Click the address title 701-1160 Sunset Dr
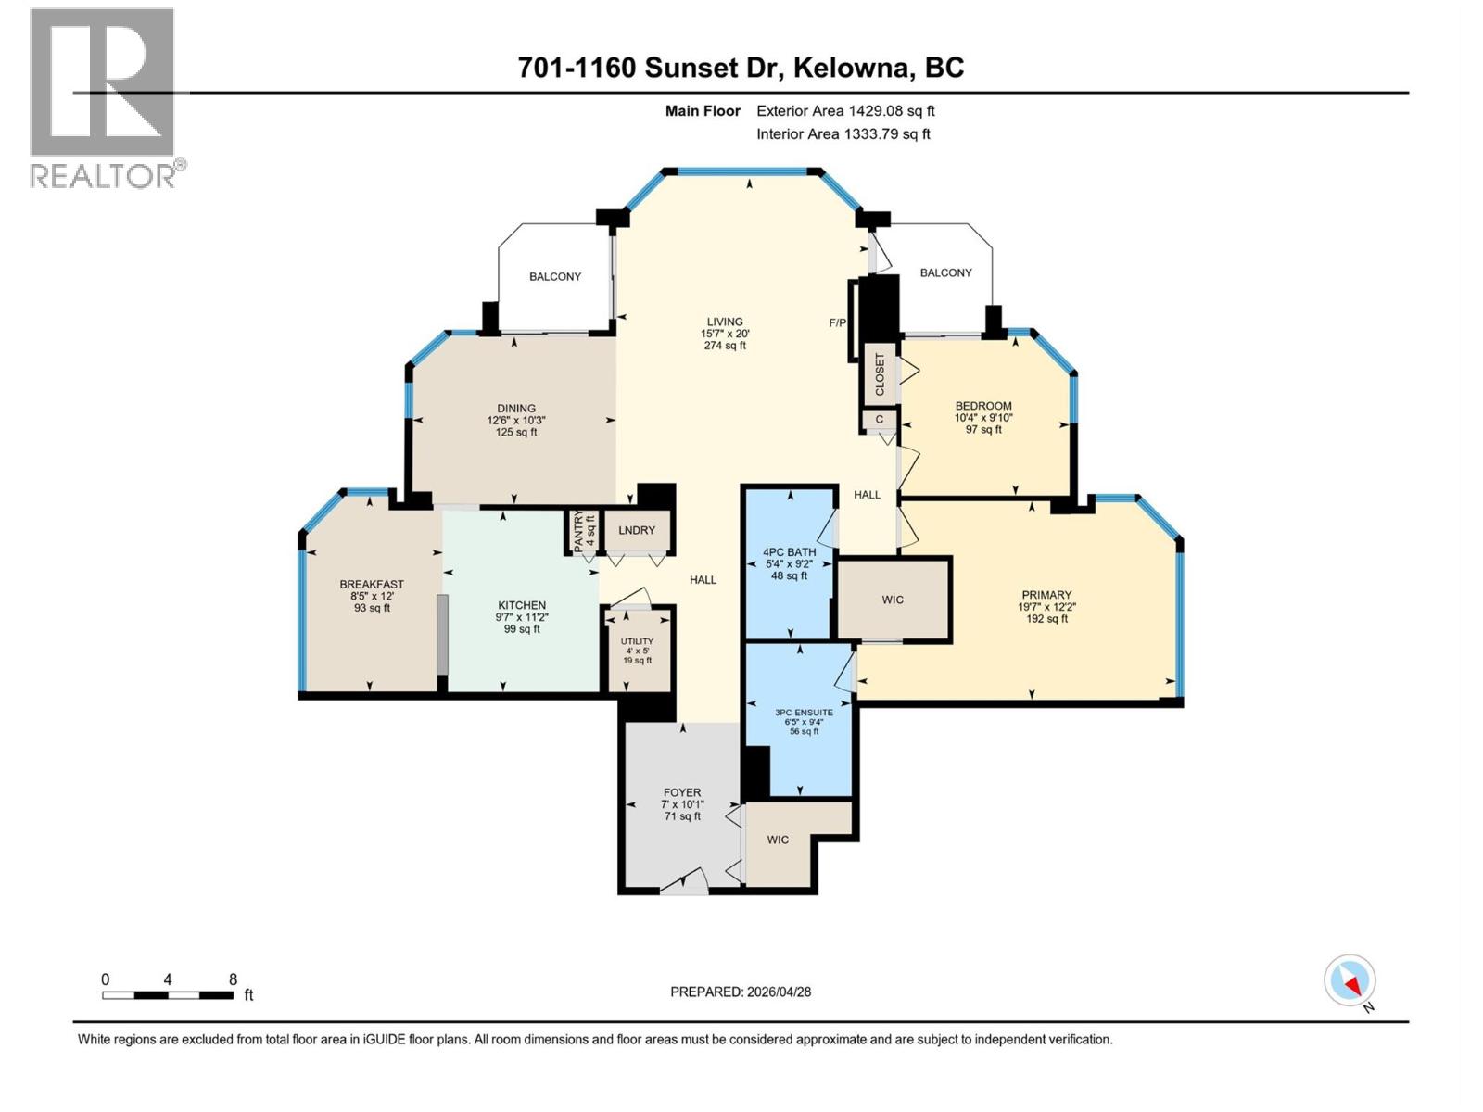[741, 68]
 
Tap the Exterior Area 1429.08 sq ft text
[845, 111]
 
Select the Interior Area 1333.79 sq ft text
[843, 134]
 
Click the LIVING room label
[725, 322]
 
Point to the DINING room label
[516, 409]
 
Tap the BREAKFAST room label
[372, 585]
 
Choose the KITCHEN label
[522, 605]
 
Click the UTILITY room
[637, 649]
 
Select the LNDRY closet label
[637, 531]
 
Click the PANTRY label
[578, 532]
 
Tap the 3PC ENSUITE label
[804, 712]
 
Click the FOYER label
[682, 793]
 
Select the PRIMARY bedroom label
[1046, 596]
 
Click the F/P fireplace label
[837, 322]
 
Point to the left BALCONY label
[555, 277]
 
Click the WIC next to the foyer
[778, 840]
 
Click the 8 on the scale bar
[233, 979]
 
